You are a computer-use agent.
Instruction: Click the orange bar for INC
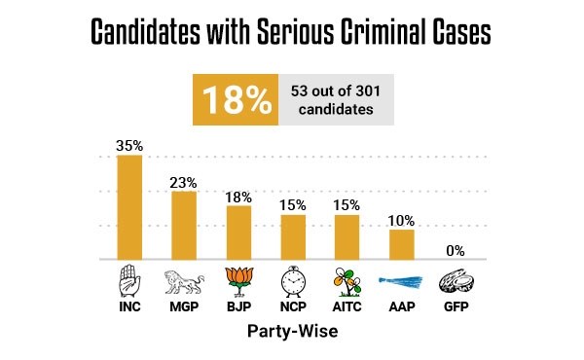click(x=129, y=207)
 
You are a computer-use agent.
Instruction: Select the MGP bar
click(x=184, y=226)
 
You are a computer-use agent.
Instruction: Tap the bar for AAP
click(x=402, y=244)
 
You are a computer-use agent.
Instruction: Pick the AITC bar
click(x=347, y=237)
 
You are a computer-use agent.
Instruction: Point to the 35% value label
click(x=129, y=146)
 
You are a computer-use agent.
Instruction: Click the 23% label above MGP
click(x=184, y=182)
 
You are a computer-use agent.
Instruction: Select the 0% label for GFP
click(x=456, y=250)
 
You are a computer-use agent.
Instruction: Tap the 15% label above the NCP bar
click(x=293, y=205)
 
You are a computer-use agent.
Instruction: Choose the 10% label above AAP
click(x=402, y=220)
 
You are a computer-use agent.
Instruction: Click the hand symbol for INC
click(x=129, y=279)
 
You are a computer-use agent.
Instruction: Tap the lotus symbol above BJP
click(x=238, y=280)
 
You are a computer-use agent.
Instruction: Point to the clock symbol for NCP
click(x=293, y=280)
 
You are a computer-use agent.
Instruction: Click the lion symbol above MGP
click(x=184, y=280)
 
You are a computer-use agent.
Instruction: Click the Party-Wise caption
click(x=292, y=331)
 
